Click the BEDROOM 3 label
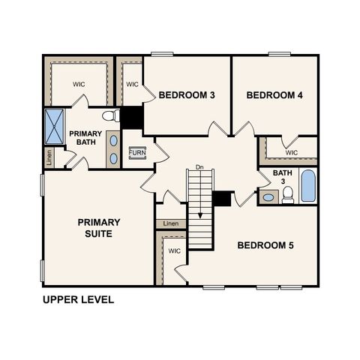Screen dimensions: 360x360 [187, 95]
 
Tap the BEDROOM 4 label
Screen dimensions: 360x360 [274, 95]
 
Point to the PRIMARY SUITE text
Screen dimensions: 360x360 [99, 228]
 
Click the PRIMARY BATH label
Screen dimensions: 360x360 [85, 139]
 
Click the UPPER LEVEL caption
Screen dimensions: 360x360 [79, 300]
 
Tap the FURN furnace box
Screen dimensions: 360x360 [137, 152]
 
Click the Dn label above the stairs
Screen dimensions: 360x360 [199, 166]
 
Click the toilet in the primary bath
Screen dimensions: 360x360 [110, 116]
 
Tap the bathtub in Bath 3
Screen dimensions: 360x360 [308, 186]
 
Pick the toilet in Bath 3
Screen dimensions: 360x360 [287, 196]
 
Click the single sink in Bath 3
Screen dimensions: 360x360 [268, 198]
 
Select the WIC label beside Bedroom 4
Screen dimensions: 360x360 [292, 152]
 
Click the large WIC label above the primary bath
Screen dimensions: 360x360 [79, 85]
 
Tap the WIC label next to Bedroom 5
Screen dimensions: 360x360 [174, 251]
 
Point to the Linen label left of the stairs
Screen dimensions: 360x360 [172, 224]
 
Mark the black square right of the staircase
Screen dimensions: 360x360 [221, 199]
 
